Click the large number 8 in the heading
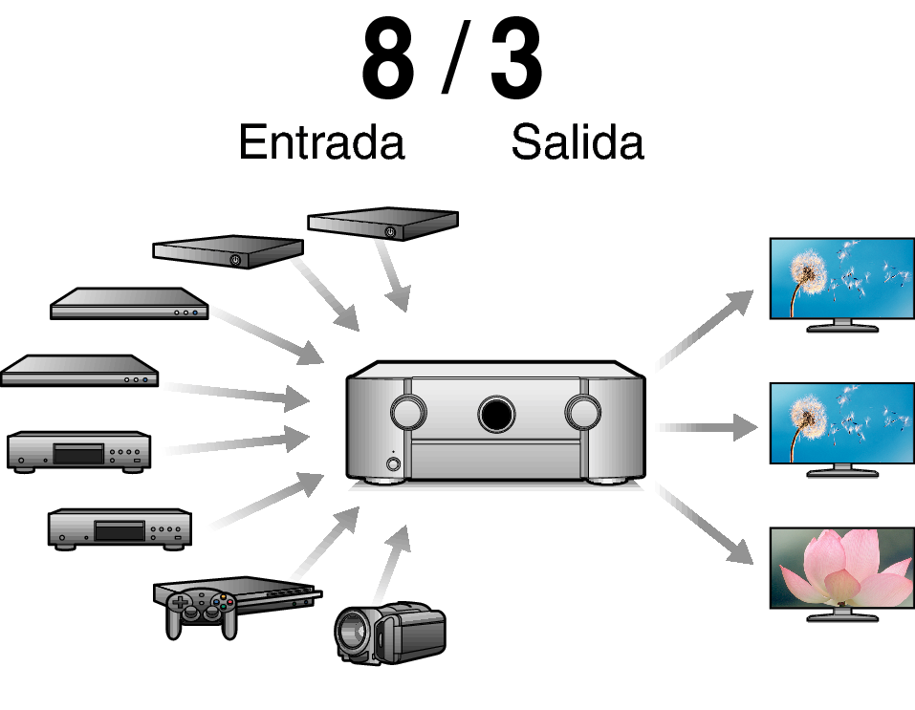tap(388, 61)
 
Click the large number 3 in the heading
tap(516, 61)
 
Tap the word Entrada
tap(321, 143)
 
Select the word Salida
tap(577, 143)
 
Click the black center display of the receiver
tap(495, 413)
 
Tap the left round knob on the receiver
tap(407, 412)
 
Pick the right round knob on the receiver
tap(581, 412)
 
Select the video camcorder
tap(390, 632)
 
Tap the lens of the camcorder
tap(352, 633)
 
